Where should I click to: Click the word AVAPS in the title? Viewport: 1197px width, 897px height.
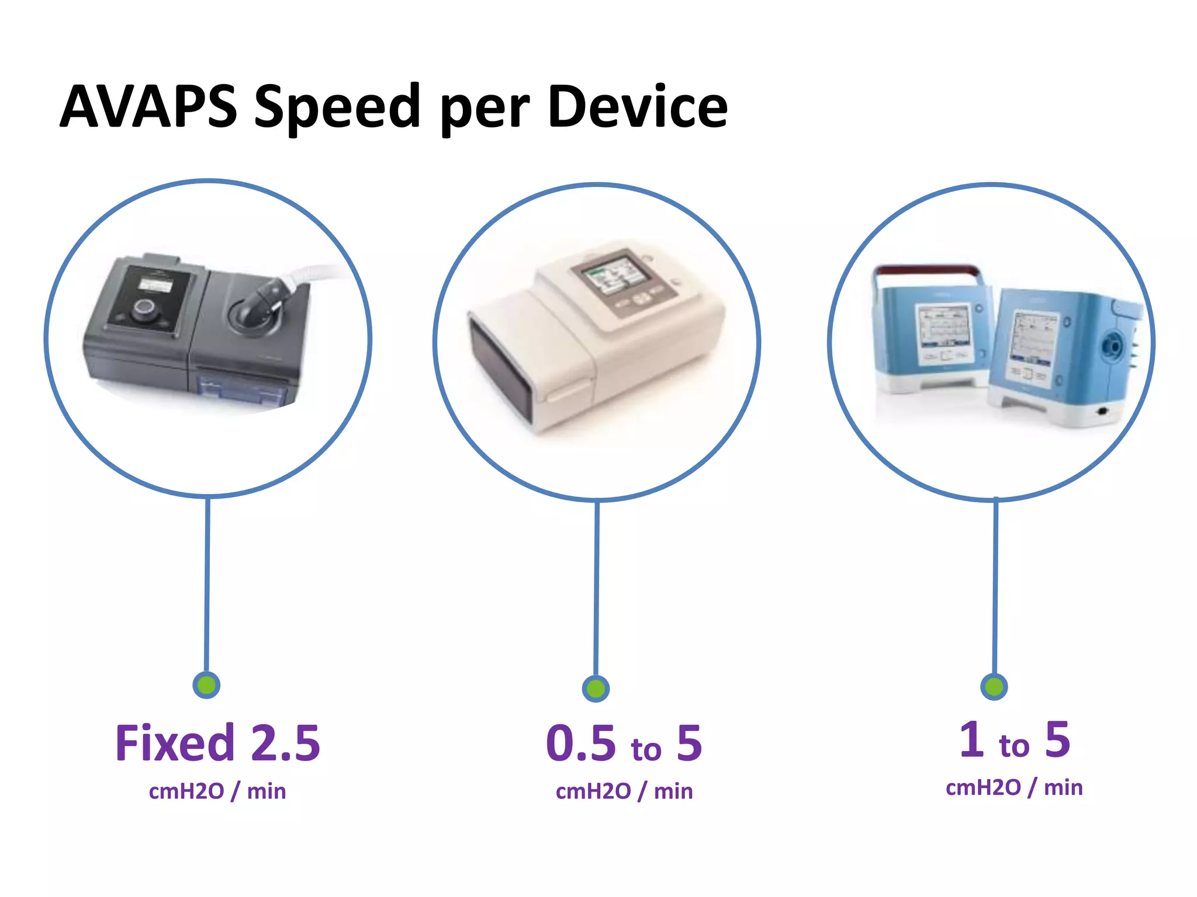tap(148, 106)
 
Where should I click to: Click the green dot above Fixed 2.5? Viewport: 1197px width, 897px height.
tap(206, 684)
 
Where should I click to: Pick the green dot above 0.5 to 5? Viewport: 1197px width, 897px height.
tap(596, 689)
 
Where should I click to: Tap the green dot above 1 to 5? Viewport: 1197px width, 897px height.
tap(994, 686)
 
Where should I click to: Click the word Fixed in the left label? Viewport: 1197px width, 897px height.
tap(175, 743)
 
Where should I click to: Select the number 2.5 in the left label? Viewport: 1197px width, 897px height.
tap(285, 743)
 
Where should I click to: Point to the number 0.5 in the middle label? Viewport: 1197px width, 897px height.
tap(581, 743)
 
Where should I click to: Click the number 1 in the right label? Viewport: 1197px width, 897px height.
tap(971, 739)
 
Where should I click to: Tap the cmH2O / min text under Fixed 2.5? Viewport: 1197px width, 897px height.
tap(217, 791)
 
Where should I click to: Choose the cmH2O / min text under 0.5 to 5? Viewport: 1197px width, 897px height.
tap(624, 791)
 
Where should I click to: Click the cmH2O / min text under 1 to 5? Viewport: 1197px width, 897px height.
tap(1014, 787)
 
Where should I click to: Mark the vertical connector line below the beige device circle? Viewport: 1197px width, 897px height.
tap(596, 590)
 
